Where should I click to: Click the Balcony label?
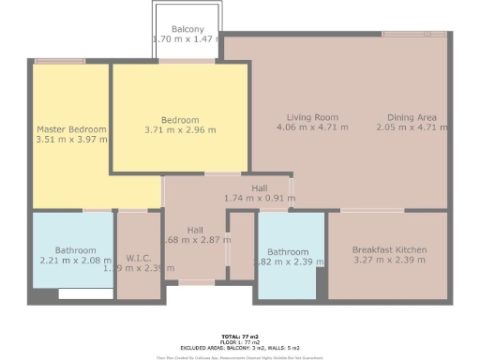click(187, 29)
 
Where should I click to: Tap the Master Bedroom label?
click(72, 129)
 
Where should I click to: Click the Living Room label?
click(312, 117)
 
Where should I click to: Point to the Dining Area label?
click(412, 117)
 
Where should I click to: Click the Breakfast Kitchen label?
click(389, 250)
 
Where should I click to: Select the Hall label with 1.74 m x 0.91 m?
click(259, 188)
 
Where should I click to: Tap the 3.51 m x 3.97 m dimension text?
click(72, 140)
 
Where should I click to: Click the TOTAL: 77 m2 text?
click(239, 336)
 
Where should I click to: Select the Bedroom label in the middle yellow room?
click(179, 120)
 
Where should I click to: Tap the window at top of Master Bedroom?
click(60, 61)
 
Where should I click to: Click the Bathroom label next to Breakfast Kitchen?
click(287, 251)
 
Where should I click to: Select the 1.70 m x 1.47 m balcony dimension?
click(187, 39)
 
